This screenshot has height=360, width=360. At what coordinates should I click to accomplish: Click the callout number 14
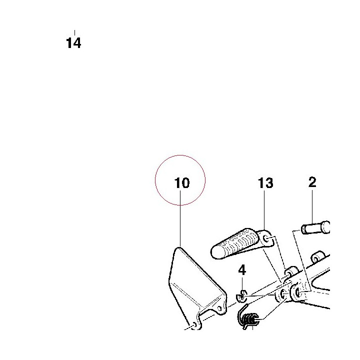click(73, 43)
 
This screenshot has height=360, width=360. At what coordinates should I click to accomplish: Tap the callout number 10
click(182, 183)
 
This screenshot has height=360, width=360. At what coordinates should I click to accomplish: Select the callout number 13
click(265, 183)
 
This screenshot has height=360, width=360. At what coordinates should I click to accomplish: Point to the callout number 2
click(312, 182)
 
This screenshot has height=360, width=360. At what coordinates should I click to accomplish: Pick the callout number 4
click(242, 270)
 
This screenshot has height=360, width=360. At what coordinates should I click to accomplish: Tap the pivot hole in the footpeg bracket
click(267, 239)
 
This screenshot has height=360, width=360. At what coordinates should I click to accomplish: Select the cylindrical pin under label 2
click(315, 227)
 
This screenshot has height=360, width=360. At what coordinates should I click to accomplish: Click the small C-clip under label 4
click(241, 296)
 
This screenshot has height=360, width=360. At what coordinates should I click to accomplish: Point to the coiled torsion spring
click(248, 318)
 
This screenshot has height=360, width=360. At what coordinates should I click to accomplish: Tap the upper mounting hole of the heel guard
click(219, 308)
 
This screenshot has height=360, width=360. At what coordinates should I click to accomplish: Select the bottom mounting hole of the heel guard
click(194, 324)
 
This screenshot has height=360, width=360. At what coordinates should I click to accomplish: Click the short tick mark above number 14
click(74, 32)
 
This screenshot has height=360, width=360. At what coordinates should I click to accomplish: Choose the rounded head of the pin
click(326, 227)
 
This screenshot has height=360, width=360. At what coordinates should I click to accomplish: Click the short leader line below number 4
click(242, 283)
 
